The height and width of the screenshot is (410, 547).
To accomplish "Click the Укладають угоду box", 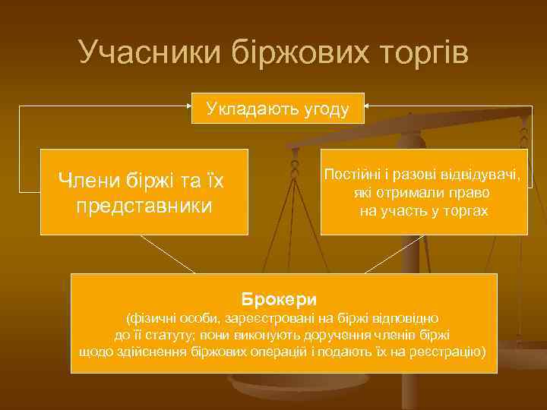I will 278,109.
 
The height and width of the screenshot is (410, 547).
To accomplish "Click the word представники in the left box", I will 144,206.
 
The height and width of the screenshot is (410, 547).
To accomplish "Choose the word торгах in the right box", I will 465,210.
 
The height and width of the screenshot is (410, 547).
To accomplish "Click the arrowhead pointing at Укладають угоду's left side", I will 190,108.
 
